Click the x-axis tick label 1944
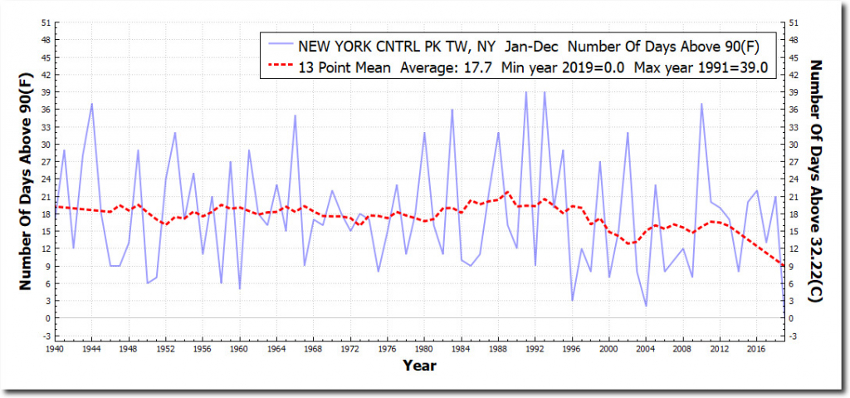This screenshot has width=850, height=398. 92,350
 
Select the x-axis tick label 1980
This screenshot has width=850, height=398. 424,350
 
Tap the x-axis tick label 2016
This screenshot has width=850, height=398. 756,350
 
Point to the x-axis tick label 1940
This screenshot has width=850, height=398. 56,350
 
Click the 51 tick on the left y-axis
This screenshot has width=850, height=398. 45,22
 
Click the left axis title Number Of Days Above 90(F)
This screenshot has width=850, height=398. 26,179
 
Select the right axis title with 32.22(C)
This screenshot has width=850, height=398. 815,179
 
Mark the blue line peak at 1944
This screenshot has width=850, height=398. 92,104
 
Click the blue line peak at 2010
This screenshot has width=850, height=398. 701,104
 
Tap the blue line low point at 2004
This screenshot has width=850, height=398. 646,306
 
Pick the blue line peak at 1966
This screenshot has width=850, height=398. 296,115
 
